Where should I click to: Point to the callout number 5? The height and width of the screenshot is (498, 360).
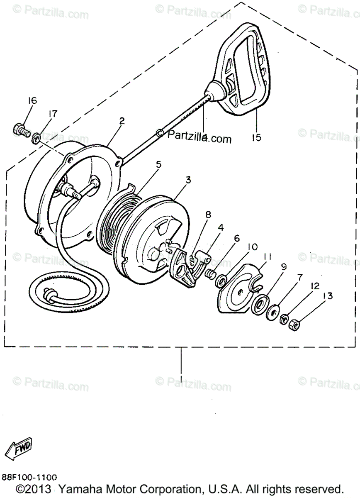click(x=159, y=164)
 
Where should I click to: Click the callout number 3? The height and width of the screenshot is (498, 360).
click(x=188, y=180)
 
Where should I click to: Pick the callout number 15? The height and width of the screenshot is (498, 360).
click(x=257, y=137)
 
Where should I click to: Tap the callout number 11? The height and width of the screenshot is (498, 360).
click(x=267, y=257)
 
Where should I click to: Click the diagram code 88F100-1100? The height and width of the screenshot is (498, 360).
click(x=29, y=478)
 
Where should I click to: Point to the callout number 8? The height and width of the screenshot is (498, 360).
click(x=208, y=215)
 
